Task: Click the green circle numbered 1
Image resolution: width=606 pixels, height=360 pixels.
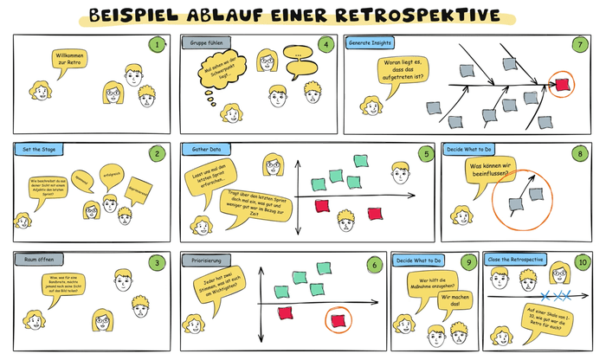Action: (x=157, y=43)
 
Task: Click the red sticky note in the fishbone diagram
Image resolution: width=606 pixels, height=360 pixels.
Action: (x=564, y=84)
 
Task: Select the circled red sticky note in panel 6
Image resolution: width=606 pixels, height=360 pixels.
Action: (x=338, y=321)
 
